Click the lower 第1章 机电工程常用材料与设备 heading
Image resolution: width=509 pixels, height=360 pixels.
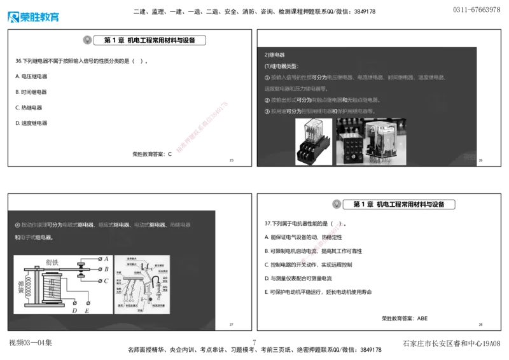pos(400,204)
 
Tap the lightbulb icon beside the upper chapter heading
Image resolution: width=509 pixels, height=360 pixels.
pos(87,39)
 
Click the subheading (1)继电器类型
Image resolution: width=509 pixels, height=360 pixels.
pos(281,66)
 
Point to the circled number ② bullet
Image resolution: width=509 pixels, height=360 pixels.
pos(267,100)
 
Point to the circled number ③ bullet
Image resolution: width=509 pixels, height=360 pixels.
pos(267,111)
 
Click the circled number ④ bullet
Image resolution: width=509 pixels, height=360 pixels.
pos(17,225)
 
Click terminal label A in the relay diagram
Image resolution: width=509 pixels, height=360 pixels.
pos(106,259)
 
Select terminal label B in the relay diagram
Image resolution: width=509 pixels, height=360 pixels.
pos(106,269)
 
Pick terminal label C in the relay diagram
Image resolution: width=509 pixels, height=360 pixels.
pos(106,280)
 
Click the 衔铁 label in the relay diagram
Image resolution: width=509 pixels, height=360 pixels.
pos(53,261)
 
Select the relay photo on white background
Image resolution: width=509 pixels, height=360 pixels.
pos(314,142)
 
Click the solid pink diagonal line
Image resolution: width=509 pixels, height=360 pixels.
pos(202,126)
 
